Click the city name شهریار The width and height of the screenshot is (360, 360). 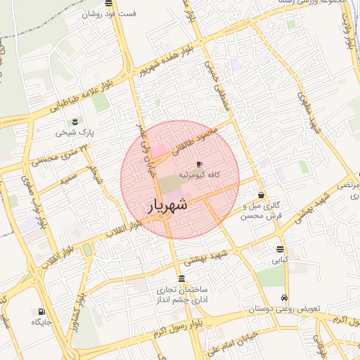pos(167,205)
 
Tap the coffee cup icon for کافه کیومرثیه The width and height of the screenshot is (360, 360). pos(199,164)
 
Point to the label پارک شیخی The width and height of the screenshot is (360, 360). pos(75,132)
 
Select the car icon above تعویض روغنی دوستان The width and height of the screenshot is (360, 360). pos(284,297)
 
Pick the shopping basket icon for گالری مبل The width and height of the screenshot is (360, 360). pos(262,195)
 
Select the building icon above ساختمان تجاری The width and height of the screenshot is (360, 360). pos(181,278)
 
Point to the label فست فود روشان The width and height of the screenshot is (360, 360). pos(108,14)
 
